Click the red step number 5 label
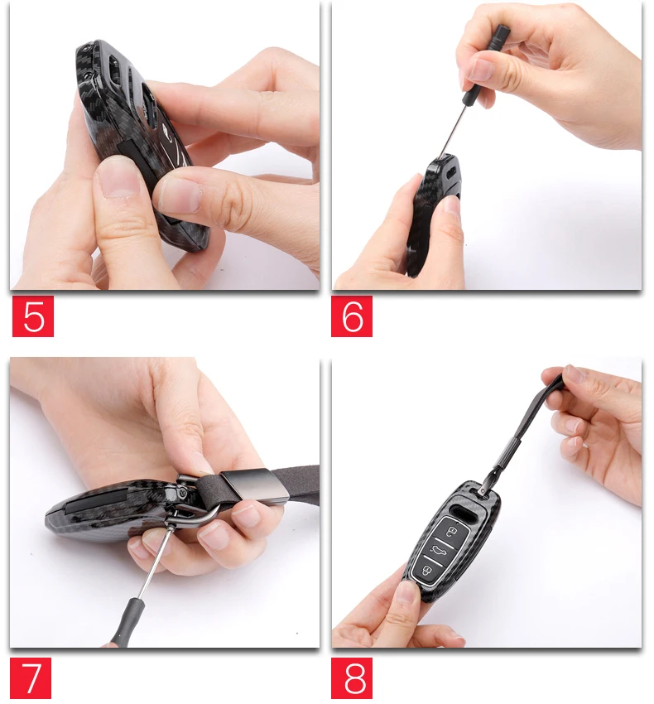[x=33, y=316]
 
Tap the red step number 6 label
[x=352, y=316]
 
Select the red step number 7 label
[x=31, y=678]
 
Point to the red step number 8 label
[x=352, y=678]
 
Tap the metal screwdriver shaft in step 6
[x=454, y=131]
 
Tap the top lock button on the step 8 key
[x=451, y=530]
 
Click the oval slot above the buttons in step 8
[x=465, y=510]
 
